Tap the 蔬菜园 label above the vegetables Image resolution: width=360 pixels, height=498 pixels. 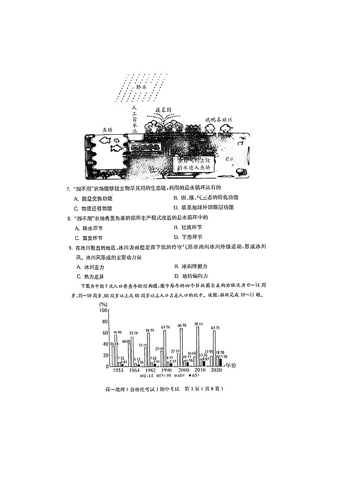[163, 111]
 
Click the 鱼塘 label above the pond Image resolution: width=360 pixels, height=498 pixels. [107, 130]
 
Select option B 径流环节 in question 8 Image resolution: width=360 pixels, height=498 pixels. [188, 228]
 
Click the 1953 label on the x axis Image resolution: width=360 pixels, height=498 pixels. [117, 371]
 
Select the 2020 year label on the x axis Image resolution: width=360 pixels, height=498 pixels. [216, 371]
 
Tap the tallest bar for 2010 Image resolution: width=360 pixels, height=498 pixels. [198, 347]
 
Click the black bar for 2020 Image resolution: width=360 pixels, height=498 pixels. [225, 363]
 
